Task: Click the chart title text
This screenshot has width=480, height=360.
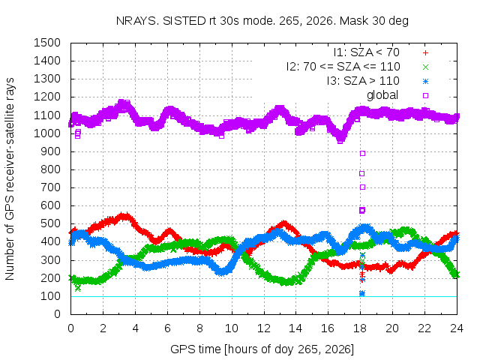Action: pyautogui.click(x=262, y=21)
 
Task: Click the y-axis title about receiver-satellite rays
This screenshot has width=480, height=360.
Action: pyautogui.click(x=10, y=178)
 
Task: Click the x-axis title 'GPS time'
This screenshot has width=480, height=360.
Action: pyautogui.click(x=262, y=349)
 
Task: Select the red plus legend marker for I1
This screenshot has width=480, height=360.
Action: pyautogui.click(x=425, y=53)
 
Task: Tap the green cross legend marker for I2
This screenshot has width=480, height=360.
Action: pyautogui.click(x=425, y=67)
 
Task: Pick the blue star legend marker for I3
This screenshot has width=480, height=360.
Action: pyautogui.click(x=425, y=82)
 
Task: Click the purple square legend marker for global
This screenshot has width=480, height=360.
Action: pyautogui.click(x=425, y=95)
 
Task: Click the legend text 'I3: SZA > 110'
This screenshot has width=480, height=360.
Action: pyautogui.click(x=363, y=81)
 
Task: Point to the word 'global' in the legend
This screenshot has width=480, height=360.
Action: pyautogui.click(x=382, y=95)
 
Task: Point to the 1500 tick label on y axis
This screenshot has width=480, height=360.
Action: pyautogui.click(x=47, y=43)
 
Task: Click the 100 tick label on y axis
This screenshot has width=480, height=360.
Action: pyautogui.click(x=50, y=296)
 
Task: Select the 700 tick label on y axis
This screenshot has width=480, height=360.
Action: pyautogui.click(x=50, y=187)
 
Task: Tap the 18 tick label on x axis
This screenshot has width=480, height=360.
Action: pyautogui.click(x=360, y=328)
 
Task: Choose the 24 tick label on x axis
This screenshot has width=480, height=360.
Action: pyautogui.click(x=457, y=328)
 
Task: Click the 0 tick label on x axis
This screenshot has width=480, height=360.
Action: pyautogui.click(x=70, y=328)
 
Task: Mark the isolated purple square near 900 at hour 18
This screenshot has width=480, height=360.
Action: pyautogui.click(x=362, y=153)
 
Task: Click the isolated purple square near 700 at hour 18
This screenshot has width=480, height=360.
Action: pyautogui.click(x=362, y=187)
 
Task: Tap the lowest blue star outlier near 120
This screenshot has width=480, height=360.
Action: pyautogui.click(x=361, y=293)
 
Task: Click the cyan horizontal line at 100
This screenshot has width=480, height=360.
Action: pyautogui.click(x=264, y=296)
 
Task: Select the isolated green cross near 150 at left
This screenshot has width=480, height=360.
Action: pyautogui.click(x=78, y=288)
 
